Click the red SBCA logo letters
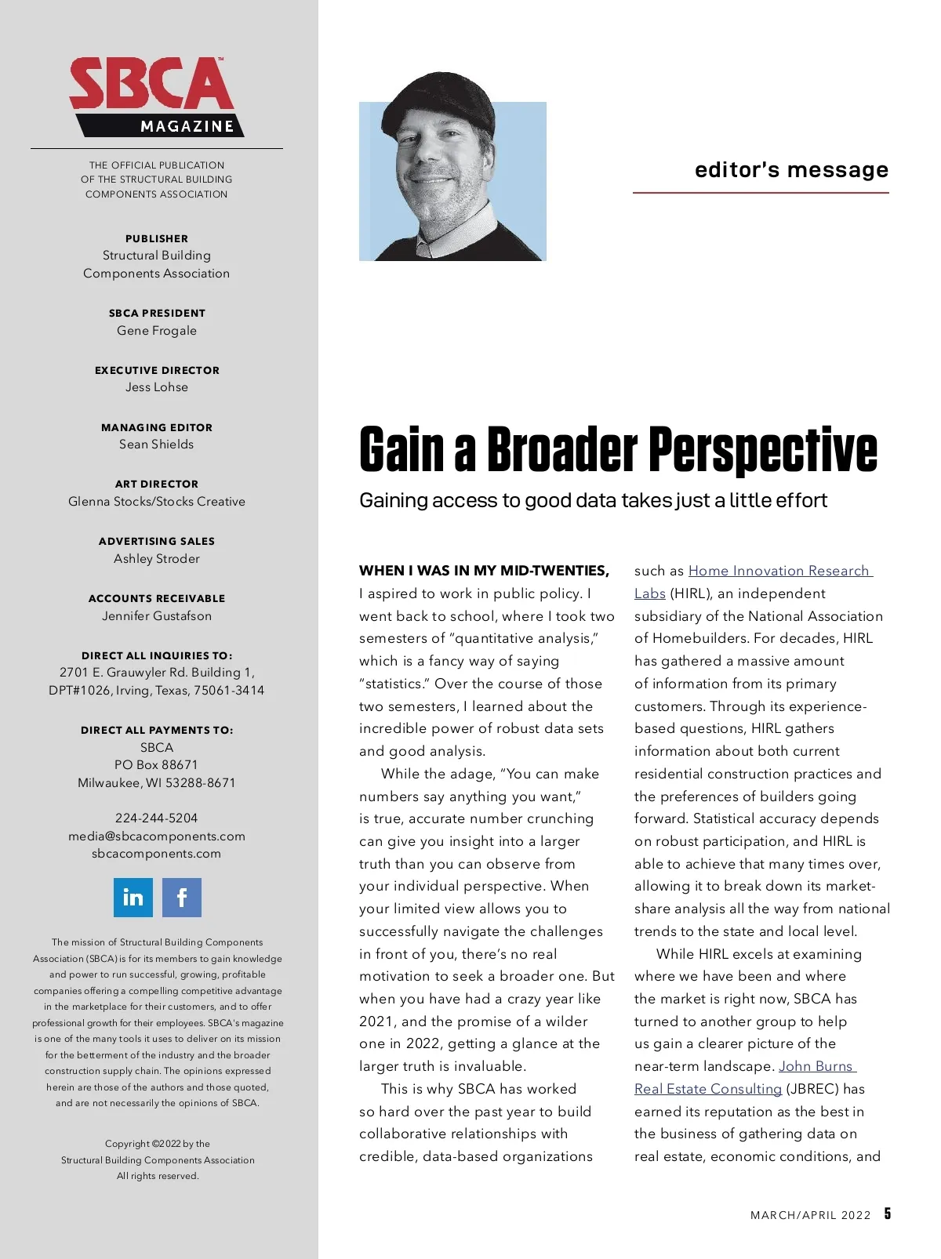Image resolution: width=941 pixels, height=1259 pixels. click(x=151, y=84)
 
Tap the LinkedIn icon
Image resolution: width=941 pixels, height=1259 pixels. click(x=133, y=898)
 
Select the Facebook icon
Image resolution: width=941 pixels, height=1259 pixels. click(x=182, y=898)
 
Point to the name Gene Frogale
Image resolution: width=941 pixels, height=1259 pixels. click(x=157, y=331)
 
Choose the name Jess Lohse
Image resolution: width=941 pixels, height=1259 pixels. click(x=157, y=387)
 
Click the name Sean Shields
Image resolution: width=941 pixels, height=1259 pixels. click(x=157, y=444)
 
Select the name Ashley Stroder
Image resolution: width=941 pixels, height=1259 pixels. click(x=157, y=559)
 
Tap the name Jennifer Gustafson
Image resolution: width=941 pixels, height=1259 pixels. click(x=157, y=616)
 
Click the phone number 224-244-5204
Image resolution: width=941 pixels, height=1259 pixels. click(x=157, y=818)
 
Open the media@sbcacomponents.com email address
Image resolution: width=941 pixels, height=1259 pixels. click(x=157, y=836)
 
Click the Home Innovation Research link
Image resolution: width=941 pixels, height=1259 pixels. click(x=779, y=571)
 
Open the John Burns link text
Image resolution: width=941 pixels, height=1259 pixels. click(x=816, y=1067)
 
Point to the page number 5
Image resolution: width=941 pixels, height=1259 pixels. click(x=888, y=1214)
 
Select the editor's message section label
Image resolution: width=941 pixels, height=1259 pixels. click(x=791, y=170)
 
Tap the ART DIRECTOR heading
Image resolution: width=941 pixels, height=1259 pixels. click(x=157, y=484)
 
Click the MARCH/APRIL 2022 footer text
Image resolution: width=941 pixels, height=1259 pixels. click(x=810, y=1216)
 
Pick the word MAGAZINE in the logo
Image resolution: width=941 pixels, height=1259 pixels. click(x=187, y=127)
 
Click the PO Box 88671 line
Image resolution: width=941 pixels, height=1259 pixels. click(x=157, y=765)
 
